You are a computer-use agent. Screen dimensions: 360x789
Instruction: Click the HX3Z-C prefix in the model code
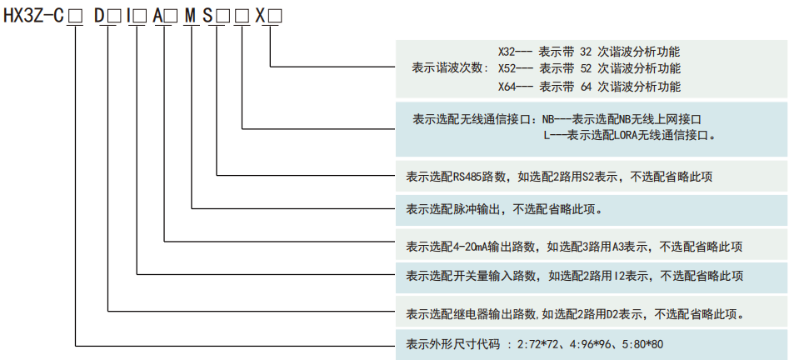(x=33, y=15)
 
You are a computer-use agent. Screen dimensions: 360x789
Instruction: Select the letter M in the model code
(x=189, y=15)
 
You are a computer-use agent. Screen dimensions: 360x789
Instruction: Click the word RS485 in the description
(x=467, y=177)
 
